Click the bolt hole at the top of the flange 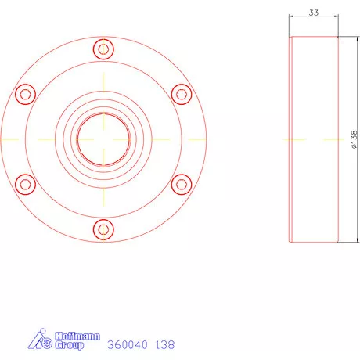(x=103, y=49)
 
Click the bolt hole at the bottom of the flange (x=103, y=229)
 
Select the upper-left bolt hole (x=26, y=94)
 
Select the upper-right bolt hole (x=181, y=94)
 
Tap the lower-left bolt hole (x=26, y=184)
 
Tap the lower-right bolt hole (x=181, y=184)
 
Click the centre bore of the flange (x=103, y=139)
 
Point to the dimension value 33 (x=313, y=13)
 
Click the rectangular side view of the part (x=314, y=139)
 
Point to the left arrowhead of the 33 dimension (x=291, y=17)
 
